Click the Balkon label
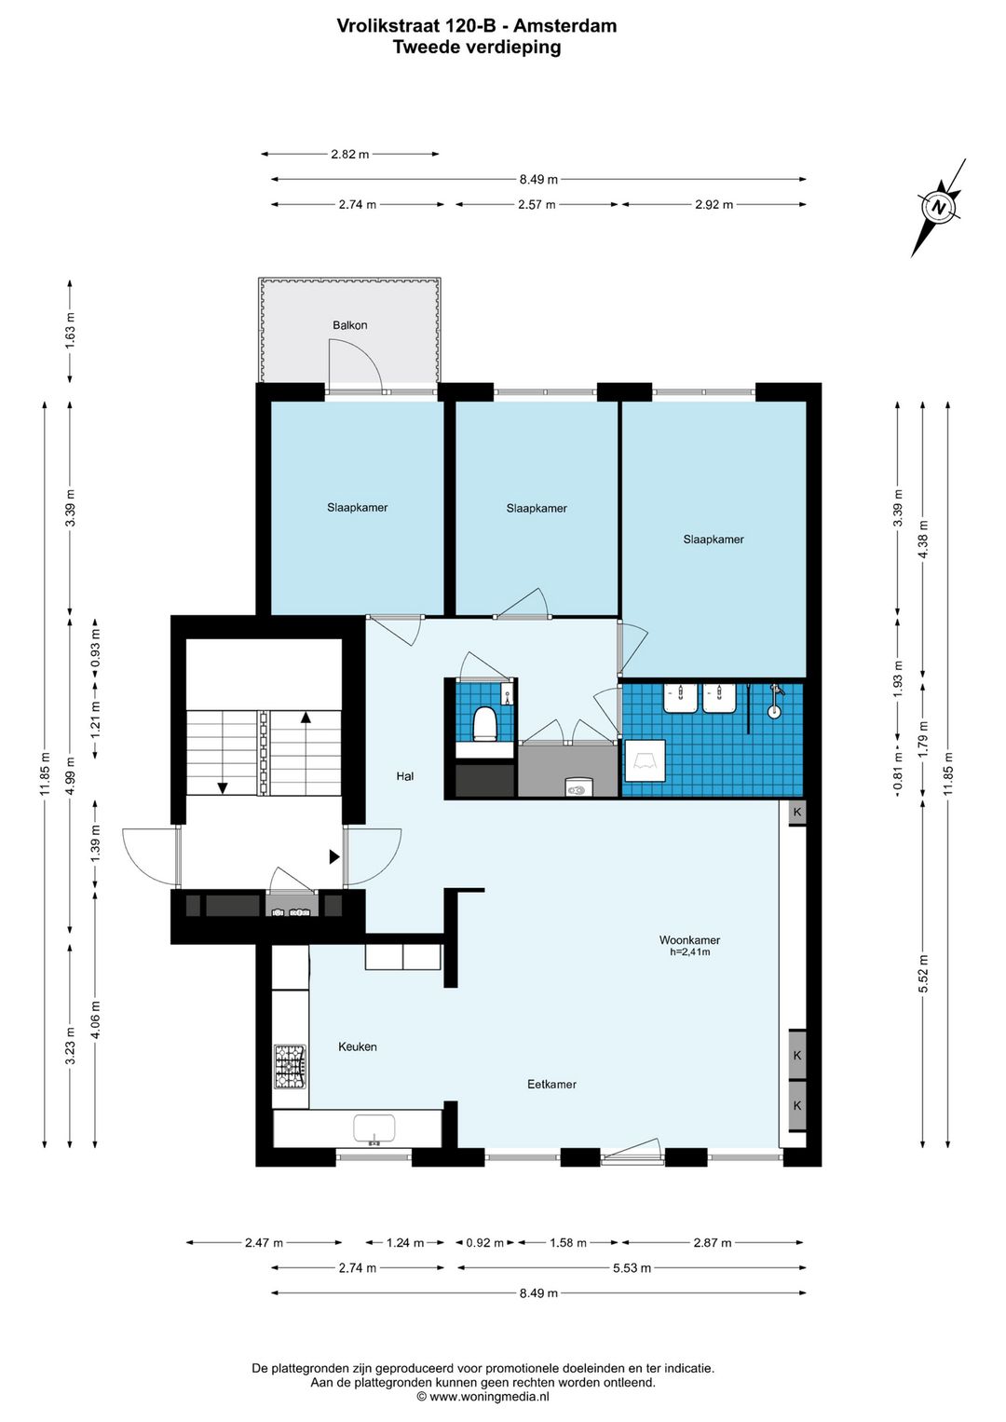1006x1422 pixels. click(349, 325)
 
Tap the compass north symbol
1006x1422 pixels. click(938, 208)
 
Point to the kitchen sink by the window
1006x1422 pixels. click(374, 1129)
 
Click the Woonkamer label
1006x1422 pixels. click(689, 940)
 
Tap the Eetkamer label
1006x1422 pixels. click(551, 1085)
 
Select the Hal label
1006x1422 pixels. click(405, 775)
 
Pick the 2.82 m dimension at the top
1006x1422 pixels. click(349, 155)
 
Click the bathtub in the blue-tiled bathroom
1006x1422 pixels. click(645, 760)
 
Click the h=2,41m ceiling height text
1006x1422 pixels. click(689, 952)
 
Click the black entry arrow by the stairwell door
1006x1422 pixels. click(334, 857)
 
